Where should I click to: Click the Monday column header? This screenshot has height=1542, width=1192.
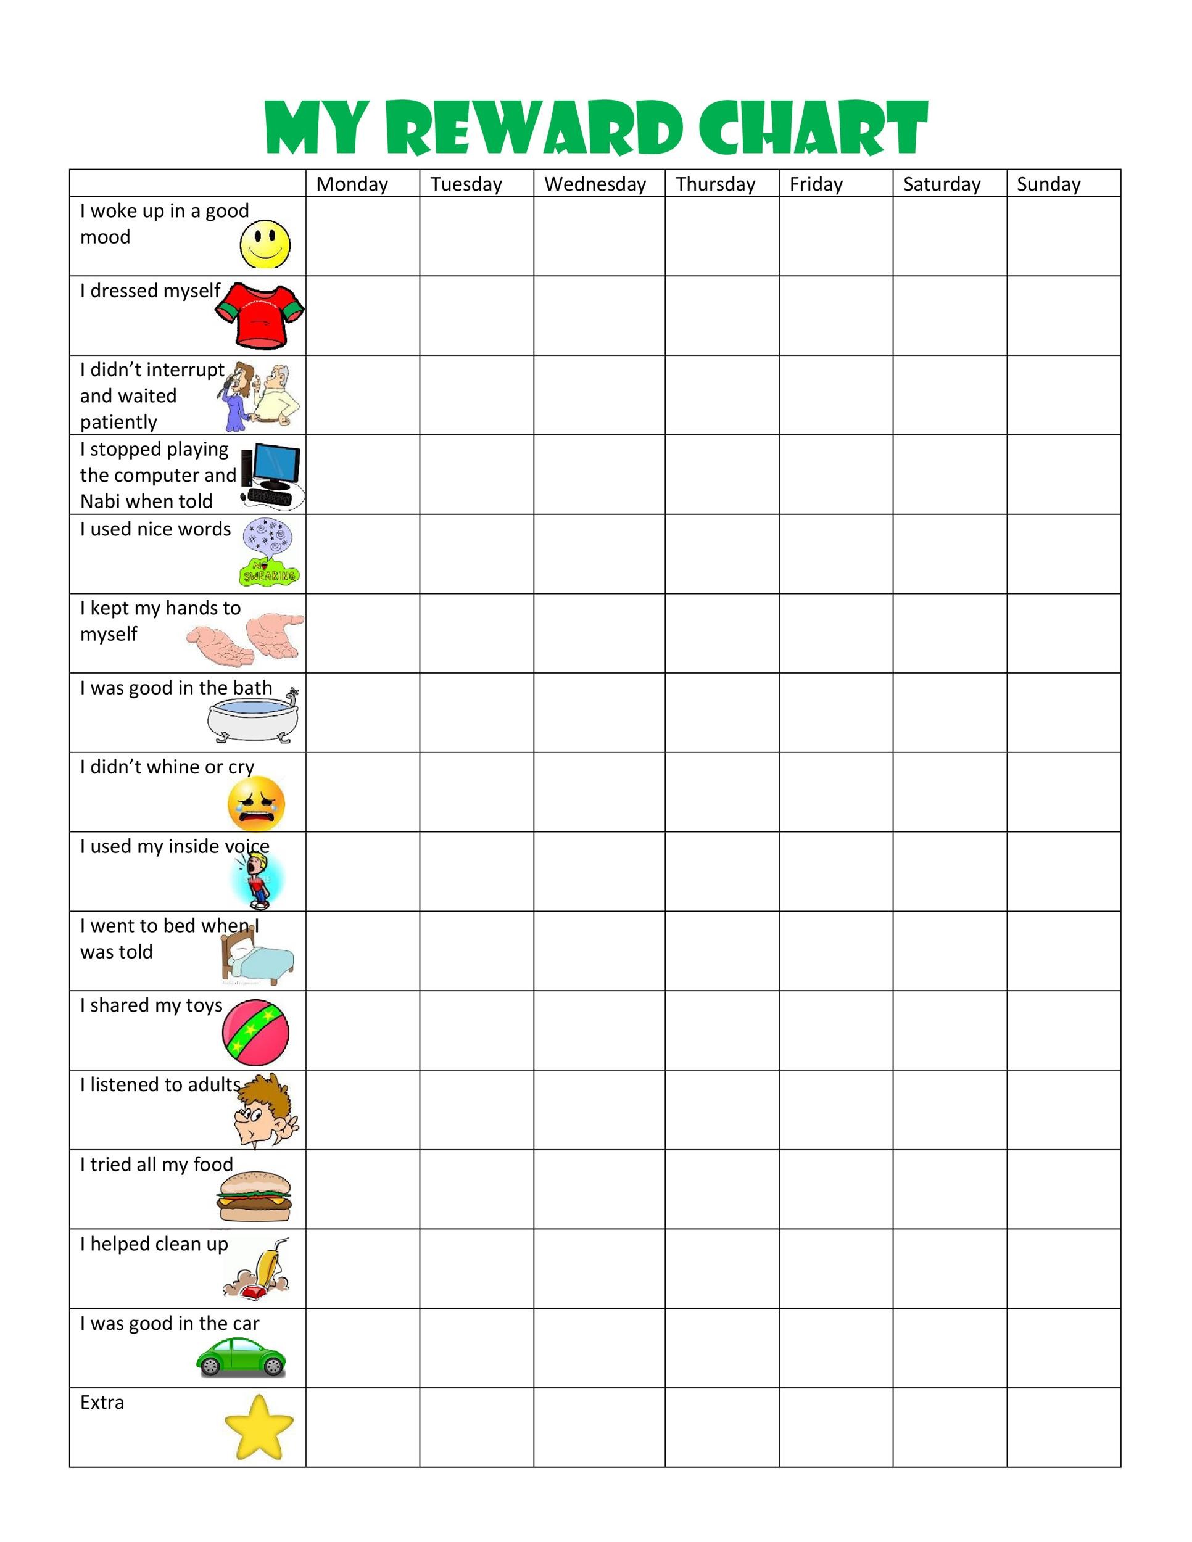click(x=352, y=184)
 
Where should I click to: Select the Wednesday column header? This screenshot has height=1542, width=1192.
click(x=595, y=184)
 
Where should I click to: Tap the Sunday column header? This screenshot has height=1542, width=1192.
click(x=1048, y=184)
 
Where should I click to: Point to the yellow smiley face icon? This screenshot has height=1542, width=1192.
click(x=265, y=244)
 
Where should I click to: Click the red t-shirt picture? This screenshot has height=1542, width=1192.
click(x=260, y=315)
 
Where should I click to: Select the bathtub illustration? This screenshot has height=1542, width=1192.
click(x=253, y=717)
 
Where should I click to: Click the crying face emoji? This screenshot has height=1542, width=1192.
click(x=256, y=804)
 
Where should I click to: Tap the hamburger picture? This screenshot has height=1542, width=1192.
click(x=254, y=1196)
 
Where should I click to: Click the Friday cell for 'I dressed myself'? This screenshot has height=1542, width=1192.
click(x=835, y=315)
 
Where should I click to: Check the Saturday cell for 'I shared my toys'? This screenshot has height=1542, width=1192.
click(x=949, y=1030)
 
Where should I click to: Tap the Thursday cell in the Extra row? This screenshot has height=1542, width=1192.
click(x=722, y=1428)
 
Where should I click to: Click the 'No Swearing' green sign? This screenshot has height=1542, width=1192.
click(x=269, y=572)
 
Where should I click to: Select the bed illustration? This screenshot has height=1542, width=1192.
click(x=258, y=956)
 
